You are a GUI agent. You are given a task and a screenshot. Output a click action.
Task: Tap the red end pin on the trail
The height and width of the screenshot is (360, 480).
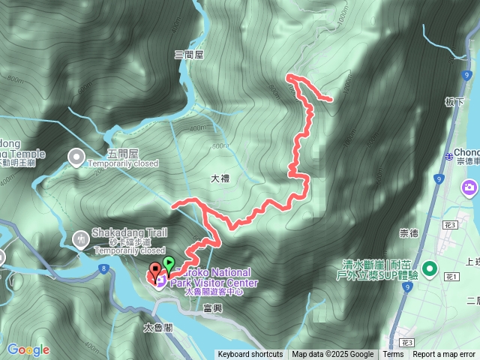coord(155,270)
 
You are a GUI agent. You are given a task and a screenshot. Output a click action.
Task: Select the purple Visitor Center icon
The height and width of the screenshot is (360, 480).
coord(160,280)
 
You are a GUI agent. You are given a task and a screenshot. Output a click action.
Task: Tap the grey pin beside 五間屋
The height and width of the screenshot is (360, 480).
coord(76,157)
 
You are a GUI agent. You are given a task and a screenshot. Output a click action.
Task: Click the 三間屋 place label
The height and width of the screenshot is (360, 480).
coord(189,54)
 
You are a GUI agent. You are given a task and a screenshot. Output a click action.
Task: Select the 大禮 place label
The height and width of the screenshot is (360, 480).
coord(220,179)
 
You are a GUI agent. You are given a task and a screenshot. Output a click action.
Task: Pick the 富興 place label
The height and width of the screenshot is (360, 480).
coord(212,308)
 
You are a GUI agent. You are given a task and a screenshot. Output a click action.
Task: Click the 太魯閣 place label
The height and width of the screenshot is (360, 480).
coord(159,328)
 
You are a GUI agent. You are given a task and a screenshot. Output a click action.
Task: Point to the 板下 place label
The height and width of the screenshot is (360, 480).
coord(454,102)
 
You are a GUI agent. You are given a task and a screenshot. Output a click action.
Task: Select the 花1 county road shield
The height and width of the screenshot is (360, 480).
coord(452,277)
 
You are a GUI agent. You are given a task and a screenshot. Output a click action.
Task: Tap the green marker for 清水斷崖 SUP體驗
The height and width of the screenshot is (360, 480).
coord(430,268)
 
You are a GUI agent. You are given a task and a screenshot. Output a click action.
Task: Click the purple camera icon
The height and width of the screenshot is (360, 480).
coord(470,186)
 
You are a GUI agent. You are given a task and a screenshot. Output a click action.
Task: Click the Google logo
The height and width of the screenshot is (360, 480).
coord(28,349)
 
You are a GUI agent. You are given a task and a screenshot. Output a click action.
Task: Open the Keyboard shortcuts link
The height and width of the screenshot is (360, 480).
coord(250,355)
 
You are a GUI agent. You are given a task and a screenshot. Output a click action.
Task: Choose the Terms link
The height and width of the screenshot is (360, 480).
coord(393,355)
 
